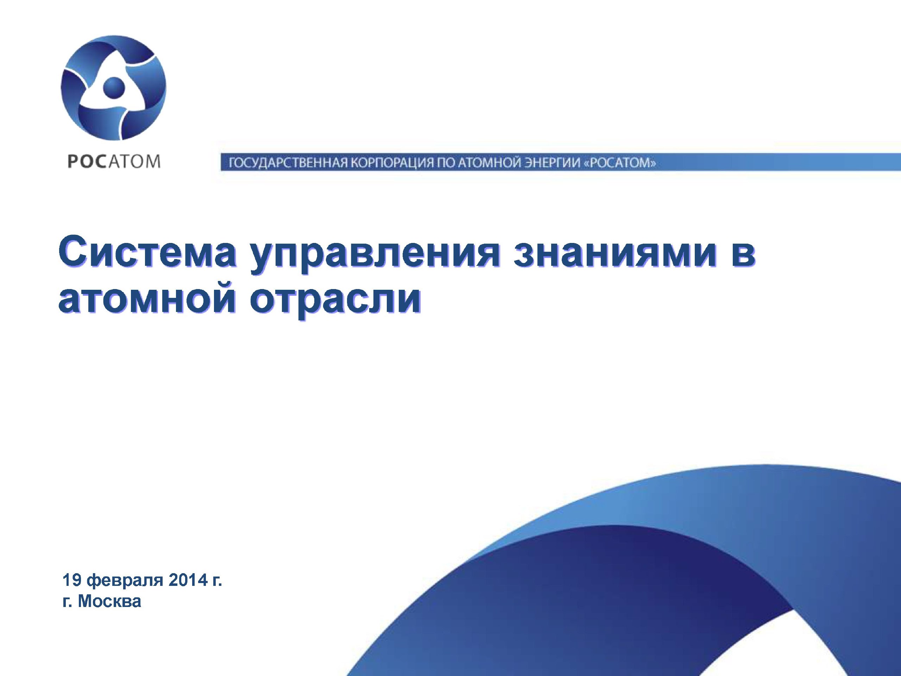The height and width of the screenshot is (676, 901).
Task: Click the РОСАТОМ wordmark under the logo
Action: tap(114, 162)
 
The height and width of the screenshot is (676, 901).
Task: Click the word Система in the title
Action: tap(147, 251)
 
